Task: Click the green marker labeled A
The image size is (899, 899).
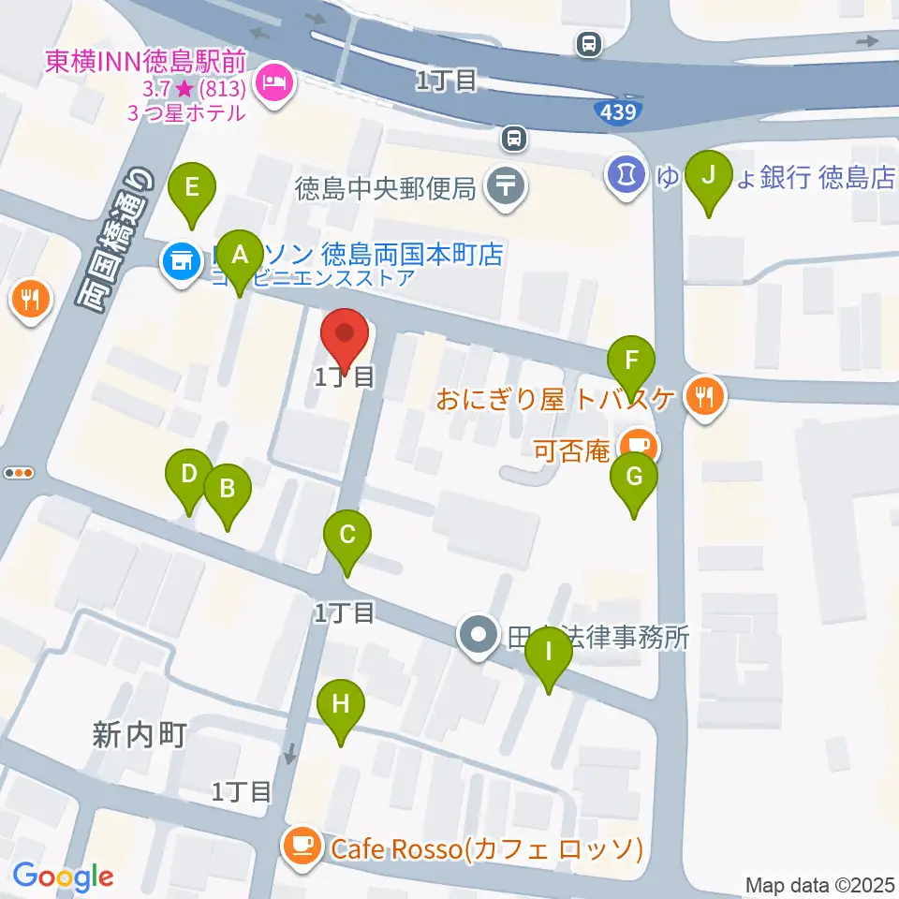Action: pyautogui.click(x=240, y=256)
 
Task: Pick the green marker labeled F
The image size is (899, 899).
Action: pyautogui.click(x=632, y=361)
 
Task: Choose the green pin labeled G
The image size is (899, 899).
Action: pyautogui.click(x=634, y=479)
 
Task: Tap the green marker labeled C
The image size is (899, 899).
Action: pyautogui.click(x=347, y=538)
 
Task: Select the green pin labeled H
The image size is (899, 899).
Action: pyautogui.click(x=340, y=705)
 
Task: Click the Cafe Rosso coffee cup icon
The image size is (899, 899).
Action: pyautogui.click(x=302, y=847)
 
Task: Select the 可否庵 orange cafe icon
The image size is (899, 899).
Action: pyautogui.click(x=641, y=445)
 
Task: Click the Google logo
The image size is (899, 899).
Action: pyautogui.click(x=64, y=877)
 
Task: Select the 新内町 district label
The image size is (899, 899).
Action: pyautogui.click(x=140, y=735)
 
